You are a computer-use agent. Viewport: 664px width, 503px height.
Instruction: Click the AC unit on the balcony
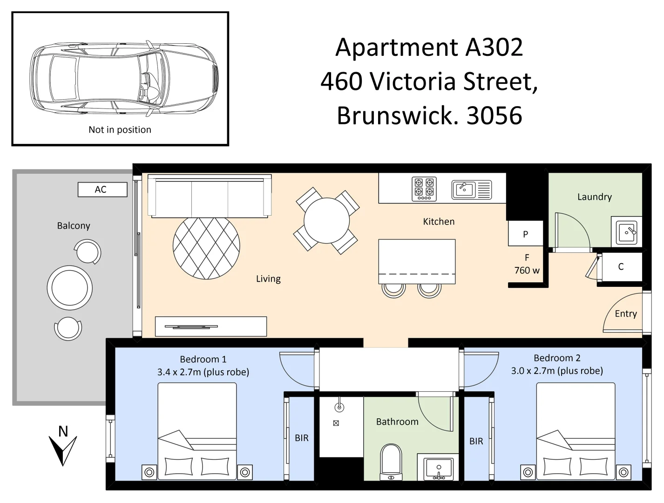tap(102, 190)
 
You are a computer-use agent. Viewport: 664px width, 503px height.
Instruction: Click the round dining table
tap(326, 221)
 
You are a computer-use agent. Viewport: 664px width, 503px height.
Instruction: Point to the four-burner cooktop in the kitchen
tap(424, 189)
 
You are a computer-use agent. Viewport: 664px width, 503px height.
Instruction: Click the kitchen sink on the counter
tap(464, 190)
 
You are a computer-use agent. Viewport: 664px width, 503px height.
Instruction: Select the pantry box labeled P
tap(525, 234)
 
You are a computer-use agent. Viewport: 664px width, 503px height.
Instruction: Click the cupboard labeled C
tap(620, 267)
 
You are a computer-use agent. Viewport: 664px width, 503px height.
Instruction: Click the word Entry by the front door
tap(625, 314)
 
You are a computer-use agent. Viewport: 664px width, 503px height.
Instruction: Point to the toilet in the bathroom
tap(391, 461)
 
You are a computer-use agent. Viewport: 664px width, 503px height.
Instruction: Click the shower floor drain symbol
tap(336, 423)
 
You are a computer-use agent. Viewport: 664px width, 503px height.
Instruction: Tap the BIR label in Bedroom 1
tap(301, 438)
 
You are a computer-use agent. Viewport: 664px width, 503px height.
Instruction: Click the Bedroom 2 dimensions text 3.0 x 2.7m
tap(556, 371)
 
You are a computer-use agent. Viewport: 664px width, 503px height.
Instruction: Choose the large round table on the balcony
tap(70, 288)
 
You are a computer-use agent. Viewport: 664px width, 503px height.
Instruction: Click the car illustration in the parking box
tap(124, 78)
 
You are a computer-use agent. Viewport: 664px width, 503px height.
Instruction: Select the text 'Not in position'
tap(120, 129)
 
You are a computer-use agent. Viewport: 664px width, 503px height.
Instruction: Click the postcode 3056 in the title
tap(494, 116)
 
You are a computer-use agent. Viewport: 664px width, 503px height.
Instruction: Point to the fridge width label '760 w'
tap(527, 271)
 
